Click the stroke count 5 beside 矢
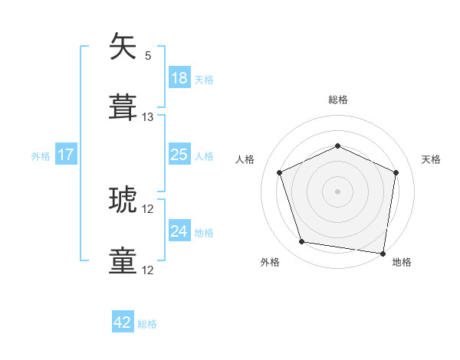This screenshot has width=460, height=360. coord(148,55)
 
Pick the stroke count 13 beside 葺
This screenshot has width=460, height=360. coord(148,117)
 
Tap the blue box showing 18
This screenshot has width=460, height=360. coord(179,78)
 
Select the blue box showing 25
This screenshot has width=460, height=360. coord(179,155)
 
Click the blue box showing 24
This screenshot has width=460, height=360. coord(179,231)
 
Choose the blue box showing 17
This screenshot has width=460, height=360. coord(66,155)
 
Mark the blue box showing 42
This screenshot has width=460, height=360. coord(123,323)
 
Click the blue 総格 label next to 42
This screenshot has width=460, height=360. coord(147,324)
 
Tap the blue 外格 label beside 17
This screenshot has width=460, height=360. coord(41,156)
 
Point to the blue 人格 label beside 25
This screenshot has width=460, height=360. coord(204,156)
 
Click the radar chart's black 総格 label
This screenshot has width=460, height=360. coord(338,100)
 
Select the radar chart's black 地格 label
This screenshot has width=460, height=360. coord(402,262)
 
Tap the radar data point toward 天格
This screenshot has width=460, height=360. coord(396,172)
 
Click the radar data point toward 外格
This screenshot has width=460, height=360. coord(302,242)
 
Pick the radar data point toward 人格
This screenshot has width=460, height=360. coord(280,172)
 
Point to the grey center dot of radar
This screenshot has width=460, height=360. coord(337,191)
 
